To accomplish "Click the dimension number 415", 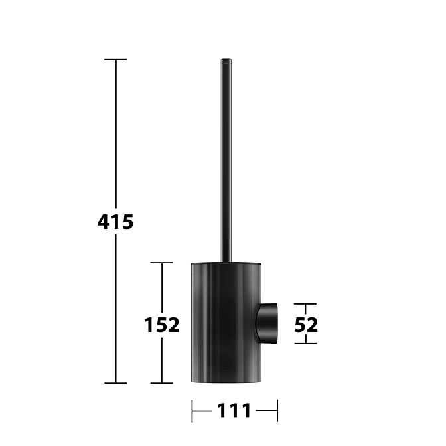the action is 115,222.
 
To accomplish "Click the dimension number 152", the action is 162,325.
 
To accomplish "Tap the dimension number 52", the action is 306,325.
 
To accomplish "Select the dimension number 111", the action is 234,411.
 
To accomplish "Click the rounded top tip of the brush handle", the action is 226,60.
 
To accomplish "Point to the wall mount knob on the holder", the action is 267,324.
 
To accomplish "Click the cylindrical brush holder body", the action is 226,323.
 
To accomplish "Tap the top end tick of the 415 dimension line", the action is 115,60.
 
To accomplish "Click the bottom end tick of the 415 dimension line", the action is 115,383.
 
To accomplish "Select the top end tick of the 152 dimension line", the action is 161,263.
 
